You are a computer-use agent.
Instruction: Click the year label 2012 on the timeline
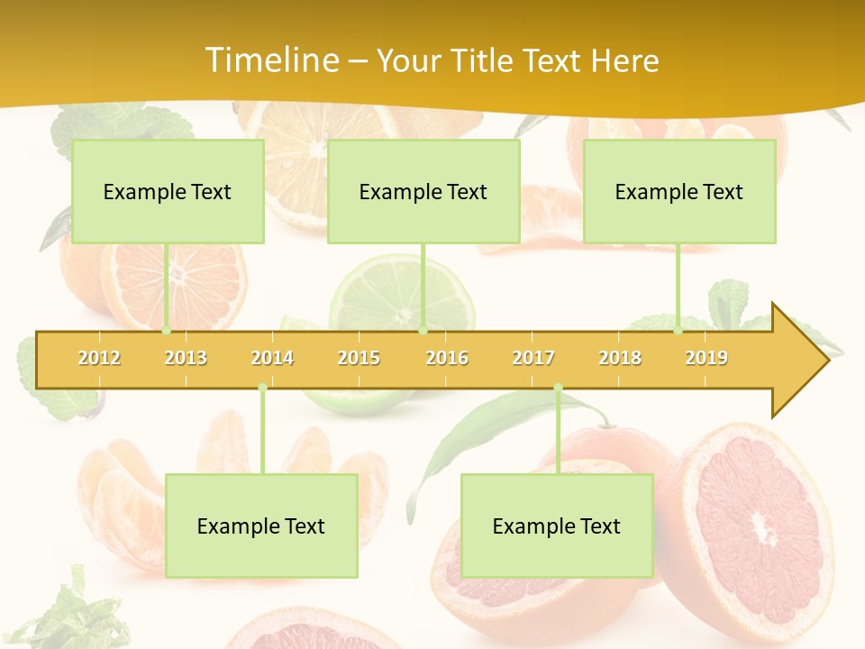coord(99,358)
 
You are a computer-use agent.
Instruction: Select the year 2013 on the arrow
coord(186,358)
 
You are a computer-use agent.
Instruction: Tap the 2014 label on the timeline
coord(272,358)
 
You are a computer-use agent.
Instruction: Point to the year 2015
coord(359,358)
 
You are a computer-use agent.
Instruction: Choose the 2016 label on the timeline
coord(447,358)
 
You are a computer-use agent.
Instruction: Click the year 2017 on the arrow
coord(533,358)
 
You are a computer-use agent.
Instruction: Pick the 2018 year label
coord(620,358)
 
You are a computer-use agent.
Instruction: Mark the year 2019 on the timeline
coord(706,358)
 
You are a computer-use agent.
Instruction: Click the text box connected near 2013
coord(168,191)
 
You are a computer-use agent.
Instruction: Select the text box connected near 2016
coord(423,191)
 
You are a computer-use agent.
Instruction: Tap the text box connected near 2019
coord(679,191)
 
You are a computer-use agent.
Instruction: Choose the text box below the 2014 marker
coord(261,526)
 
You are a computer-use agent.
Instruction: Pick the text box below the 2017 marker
coord(557,526)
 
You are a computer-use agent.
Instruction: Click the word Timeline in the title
coord(271,60)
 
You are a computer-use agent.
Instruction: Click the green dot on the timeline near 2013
coord(167,331)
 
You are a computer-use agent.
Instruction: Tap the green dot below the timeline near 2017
coord(558,388)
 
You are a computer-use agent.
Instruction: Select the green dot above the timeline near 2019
coord(678,331)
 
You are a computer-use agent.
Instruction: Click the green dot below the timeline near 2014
coord(262,388)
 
